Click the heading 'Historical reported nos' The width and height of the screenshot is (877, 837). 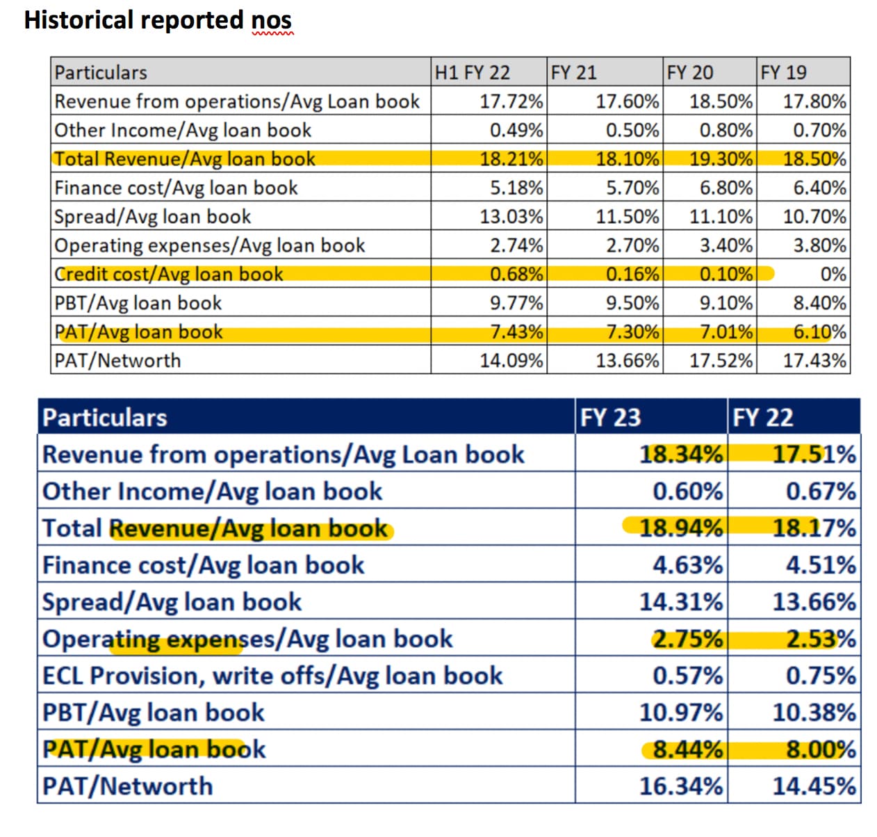tap(158, 20)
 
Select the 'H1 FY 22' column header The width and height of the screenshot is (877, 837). tap(472, 72)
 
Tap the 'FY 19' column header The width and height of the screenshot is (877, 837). tap(783, 72)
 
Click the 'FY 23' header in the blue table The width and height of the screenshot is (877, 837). tap(610, 417)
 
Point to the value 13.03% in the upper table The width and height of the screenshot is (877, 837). tap(511, 216)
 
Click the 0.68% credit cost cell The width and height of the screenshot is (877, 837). tap(516, 274)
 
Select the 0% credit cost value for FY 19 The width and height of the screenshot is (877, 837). tap(833, 274)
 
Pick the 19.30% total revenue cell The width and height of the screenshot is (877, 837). tap(721, 159)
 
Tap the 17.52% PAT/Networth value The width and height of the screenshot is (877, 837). tap(721, 360)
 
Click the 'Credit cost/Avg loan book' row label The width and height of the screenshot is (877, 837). tap(169, 274)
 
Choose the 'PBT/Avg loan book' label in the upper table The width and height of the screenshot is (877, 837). tap(138, 303)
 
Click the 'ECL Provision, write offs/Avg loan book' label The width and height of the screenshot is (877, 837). tap(272, 676)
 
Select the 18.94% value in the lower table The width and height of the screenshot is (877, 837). tap(680, 528)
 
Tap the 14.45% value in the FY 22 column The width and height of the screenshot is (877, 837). tap(814, 786)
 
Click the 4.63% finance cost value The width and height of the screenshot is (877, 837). tap(687, 565)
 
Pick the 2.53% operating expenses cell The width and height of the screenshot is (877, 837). tap(820, 639)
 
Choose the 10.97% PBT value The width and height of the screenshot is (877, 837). tap(680, 713)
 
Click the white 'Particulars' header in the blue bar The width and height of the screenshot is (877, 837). tap(105, 417)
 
